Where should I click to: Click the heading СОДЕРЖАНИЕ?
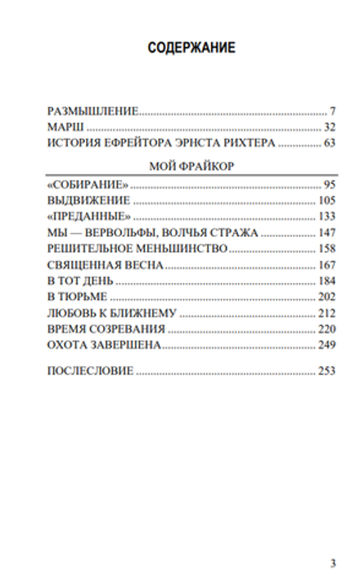[191, 48]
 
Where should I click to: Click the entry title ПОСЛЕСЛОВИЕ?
[89, 372]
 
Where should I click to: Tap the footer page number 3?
[333, 562]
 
